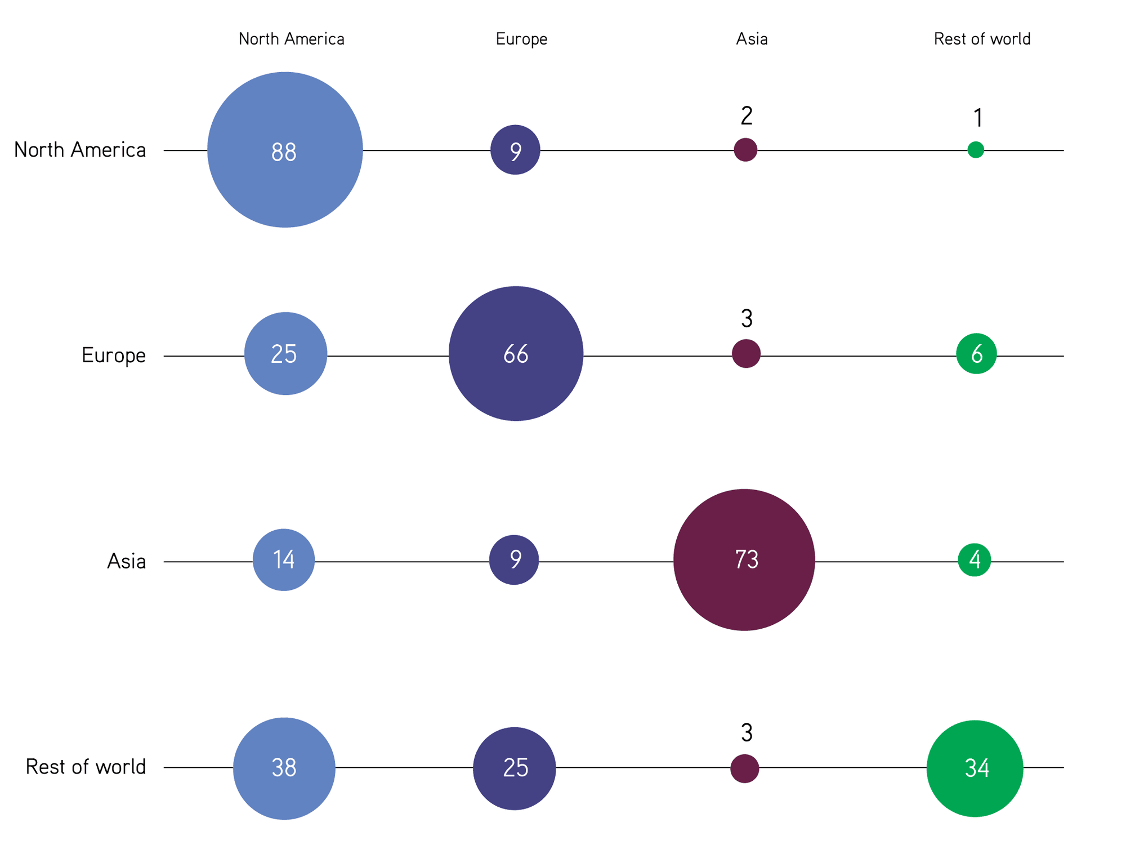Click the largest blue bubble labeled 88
pyautogui.click(x=285, y=150)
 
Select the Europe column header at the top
pyautogui.click(x=521, y=39)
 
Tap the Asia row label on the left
pyautogui.click(x=127, y=561)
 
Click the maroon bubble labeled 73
pyautogui.click(x=744, y=560)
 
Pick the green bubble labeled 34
pyautogui.click(x=975, y=768)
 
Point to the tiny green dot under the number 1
pyautogui.click(x=976, y=150)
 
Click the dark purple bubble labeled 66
pyautogui.click(x=516, y=354)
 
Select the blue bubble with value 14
pyautogui.click(x=284, y=560)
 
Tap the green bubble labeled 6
pyautogui.click(x=976, y=354)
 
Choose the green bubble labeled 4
pyautogui.click(x=975, y=560)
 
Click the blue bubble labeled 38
pyautogui.click(x=284, y=768)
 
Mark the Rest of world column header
pyautogui.click(x=982, y=39)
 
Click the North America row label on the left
pyautogui.click(x=80, y=150)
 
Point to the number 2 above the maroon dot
pyautogui.click(x=747, y=116)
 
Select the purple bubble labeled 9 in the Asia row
pyautogui.click(x=514, y=560)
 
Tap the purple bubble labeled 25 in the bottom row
pyautogui.click(x=515, y=768)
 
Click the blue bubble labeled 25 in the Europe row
pyautogui.click(x=285, y=354)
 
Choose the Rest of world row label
pyautogui.click(x=86, y=767)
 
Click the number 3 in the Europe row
pyautogui.click(x=747, y=319)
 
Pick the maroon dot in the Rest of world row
pyautogui.click(x=745, y=768)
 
